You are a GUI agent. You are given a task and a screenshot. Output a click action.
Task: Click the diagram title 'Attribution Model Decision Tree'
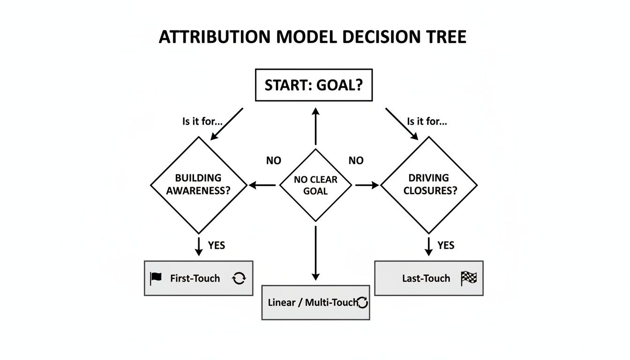click(x=313, y=37)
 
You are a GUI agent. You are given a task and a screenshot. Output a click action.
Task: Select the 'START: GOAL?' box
click(x=314, y=85)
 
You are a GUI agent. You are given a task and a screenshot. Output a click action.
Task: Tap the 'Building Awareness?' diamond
click(x=199, y=185)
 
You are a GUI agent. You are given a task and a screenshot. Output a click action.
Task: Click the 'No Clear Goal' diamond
click(x=315, y=185)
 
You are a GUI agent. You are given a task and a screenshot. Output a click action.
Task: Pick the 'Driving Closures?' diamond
click(x=428, y=185)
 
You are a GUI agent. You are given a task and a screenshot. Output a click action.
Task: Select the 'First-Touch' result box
click(x=198, y=278)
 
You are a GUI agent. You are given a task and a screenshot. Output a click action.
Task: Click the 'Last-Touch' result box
click(x=428, y=278)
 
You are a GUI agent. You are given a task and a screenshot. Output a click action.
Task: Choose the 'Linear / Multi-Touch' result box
click(x=315, y=302)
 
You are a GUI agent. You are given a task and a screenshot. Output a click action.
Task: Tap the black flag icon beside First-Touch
click(x=156, y=278)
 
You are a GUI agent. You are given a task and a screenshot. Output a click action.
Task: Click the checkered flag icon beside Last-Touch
click(x=468, y=278)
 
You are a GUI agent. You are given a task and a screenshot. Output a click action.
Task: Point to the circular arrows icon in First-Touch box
click(x=239, y=278)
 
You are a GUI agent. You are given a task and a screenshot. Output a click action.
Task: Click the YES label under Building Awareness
click(x=216, y=245)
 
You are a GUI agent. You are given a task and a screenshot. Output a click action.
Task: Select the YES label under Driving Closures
click(x=446, y=245)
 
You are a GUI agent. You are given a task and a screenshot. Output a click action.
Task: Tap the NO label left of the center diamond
click(x=274, y=161)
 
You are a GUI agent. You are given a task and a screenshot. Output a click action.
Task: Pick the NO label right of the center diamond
click(x=356, y=161)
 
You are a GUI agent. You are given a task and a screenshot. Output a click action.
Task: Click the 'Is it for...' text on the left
click(x=202, y=122)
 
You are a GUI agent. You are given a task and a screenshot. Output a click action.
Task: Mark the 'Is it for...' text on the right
click(x=427, y=122)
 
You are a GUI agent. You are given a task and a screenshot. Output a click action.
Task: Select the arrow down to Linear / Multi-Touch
click(x=315, y=253)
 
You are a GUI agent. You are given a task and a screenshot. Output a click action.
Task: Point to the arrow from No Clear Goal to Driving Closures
click(x=367, y=186)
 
